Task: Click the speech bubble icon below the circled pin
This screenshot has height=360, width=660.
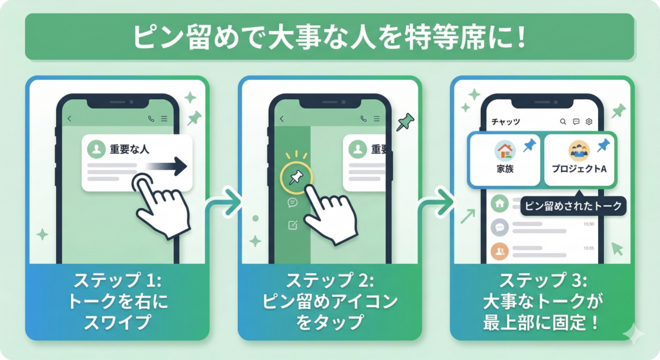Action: [x=293, y=202]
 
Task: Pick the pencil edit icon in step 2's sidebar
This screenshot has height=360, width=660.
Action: [x=293, y=225]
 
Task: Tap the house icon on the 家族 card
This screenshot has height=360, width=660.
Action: [x=505, y=151]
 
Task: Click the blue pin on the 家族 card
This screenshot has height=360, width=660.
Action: [x=530, y=146]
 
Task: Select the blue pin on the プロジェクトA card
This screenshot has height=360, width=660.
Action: [x=603, y=146]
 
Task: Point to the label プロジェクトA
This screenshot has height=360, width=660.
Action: [x=578, y=171]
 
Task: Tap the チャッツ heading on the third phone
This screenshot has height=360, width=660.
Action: [x=505, y=122]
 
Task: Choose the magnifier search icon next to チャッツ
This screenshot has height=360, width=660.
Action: [x=563, y=122]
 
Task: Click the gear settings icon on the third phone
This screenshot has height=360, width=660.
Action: [x=588, y=122]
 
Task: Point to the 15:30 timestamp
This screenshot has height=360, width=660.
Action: [x=588, y=223]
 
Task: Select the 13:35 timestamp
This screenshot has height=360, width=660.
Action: [x=588, y=247]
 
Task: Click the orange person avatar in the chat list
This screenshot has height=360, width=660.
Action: [x=500, y=251]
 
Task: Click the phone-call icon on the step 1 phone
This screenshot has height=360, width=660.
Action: [x=151, y=118]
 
